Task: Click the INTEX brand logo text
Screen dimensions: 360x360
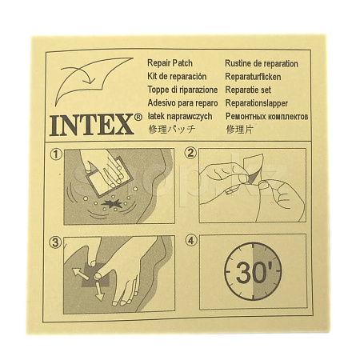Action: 91,125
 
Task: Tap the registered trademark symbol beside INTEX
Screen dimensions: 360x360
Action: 138,117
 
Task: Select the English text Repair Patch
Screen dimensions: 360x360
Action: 170,63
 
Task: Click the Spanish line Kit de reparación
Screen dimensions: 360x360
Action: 177,77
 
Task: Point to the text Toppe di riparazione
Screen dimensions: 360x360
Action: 182,90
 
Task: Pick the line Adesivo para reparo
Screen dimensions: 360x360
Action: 182,103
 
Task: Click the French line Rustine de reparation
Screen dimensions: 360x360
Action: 262,64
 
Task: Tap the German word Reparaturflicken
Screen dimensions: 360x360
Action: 253,77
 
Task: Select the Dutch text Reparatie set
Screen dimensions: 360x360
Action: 248,90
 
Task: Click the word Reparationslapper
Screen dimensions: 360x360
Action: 257,103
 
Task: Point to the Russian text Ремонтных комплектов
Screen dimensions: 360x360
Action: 267,117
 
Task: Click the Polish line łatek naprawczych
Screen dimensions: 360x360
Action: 180,117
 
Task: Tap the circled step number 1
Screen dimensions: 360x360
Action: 56,154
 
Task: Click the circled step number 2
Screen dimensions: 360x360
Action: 190,154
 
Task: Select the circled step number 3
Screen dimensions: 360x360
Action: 55,242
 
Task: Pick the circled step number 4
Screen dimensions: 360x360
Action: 191,241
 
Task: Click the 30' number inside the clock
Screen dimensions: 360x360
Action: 253,272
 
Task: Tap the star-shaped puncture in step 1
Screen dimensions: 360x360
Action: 112,204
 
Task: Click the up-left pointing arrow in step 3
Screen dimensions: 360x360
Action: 80,274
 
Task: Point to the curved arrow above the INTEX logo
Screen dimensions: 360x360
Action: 78,74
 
